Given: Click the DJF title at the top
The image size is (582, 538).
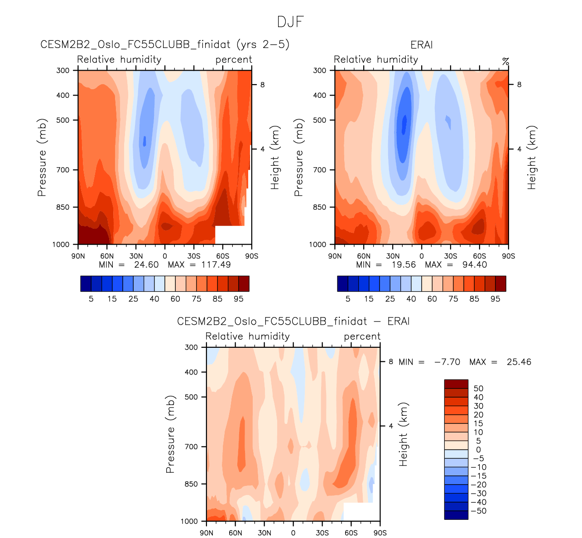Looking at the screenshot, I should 290,22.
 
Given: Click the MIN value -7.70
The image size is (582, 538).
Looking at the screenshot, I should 447,362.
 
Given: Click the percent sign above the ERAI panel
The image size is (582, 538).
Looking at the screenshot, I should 505,61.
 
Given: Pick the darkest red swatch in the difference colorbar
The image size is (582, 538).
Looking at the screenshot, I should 456,384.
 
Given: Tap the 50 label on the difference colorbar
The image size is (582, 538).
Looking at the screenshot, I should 478,389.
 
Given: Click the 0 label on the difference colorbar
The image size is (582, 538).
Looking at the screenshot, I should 478,450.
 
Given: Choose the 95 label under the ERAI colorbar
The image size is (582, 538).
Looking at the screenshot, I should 495,299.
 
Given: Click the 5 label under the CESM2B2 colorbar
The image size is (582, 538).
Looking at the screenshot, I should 91,299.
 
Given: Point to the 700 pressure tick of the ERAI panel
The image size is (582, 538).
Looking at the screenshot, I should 320,170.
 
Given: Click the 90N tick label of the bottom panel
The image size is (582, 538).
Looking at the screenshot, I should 207,533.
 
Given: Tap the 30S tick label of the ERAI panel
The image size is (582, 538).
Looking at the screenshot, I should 450,256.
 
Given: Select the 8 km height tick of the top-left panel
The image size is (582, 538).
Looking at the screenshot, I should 262,85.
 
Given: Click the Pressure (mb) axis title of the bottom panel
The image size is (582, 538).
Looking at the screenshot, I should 170,434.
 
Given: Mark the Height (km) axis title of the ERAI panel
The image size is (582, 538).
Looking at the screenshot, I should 532,158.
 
